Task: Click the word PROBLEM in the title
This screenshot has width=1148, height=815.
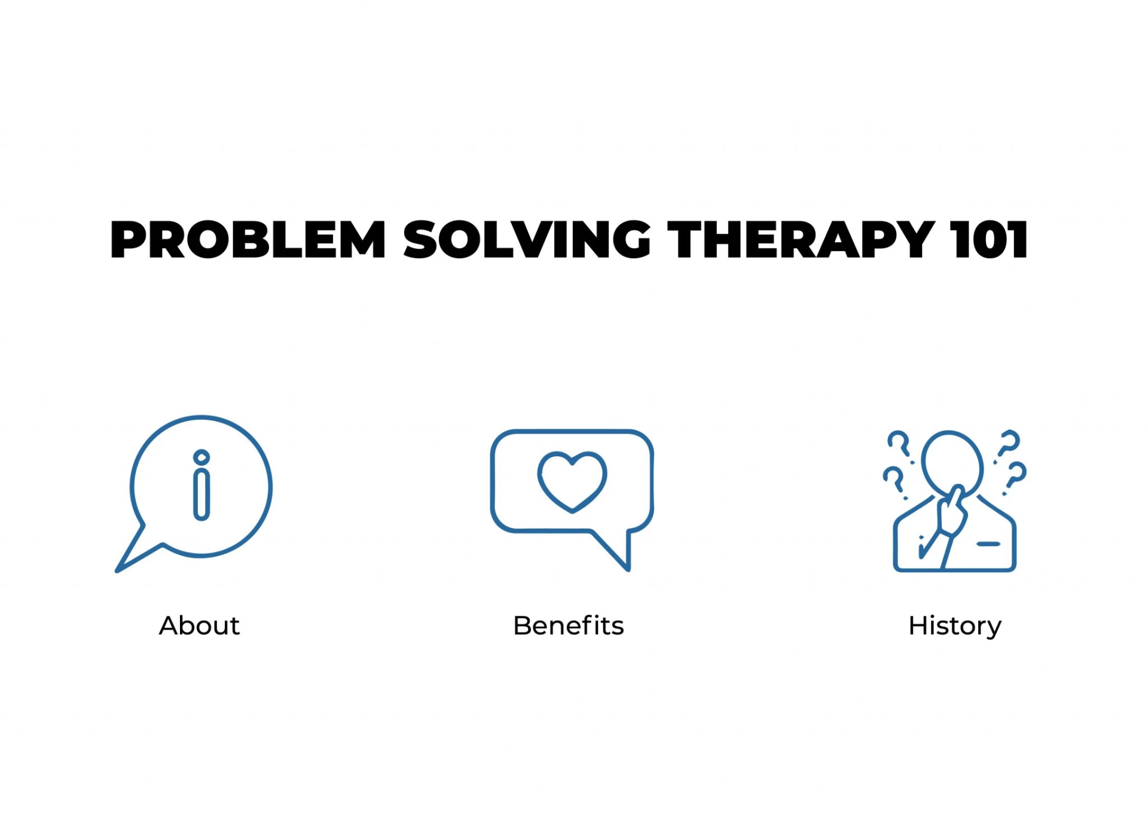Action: tap(248, 240)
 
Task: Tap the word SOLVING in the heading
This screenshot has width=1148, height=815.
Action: tap(527, 240)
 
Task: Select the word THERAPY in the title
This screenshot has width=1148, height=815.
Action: tap(801, 240)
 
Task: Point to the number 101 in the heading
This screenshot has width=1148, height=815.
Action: tap(990, 240)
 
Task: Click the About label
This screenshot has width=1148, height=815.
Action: tap(199, 626)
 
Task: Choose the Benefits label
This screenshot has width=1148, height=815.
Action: tap(568, 626)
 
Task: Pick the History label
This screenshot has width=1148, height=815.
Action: tap(954, 626)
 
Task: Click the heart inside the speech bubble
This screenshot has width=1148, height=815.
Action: tap(572, 481)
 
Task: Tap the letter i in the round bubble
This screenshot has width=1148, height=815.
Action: tap(201, 494)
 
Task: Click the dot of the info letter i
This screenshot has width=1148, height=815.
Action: tap(201, 457)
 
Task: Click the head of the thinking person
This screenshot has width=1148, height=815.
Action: tap(952, 462)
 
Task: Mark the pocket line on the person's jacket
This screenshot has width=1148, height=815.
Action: tap(988, 544)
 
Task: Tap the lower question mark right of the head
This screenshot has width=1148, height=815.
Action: tap(1016, 475)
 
